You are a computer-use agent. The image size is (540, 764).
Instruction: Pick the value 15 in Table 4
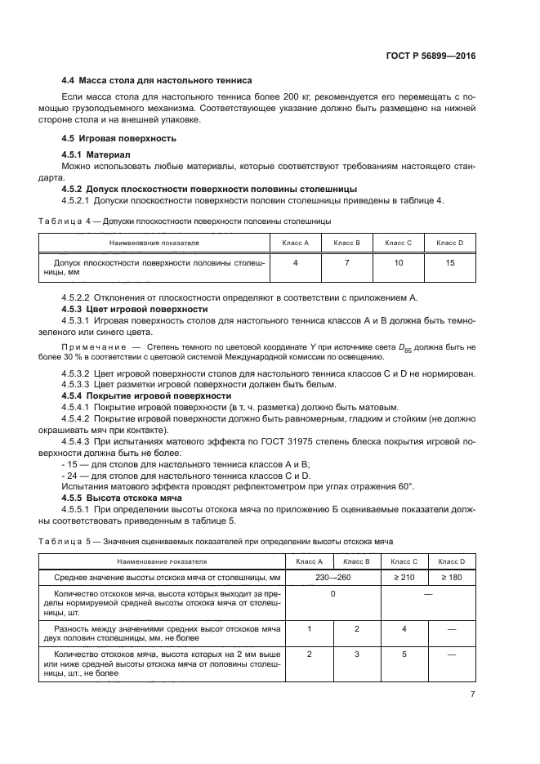pos(450,263)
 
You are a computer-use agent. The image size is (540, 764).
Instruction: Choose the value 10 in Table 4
pos(399,263)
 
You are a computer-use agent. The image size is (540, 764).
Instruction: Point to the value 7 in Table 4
pos(346,263)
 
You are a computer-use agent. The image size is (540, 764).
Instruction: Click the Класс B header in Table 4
pos(346,243)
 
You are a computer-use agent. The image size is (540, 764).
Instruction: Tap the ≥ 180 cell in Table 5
pos(451,578)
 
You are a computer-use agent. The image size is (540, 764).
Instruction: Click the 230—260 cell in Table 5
pos(332,578)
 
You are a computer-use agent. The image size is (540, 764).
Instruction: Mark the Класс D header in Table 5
pos(451,561)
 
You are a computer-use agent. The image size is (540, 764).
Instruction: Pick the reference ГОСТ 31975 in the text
pos(282,441)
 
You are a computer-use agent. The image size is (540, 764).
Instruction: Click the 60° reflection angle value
pos(406,487)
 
